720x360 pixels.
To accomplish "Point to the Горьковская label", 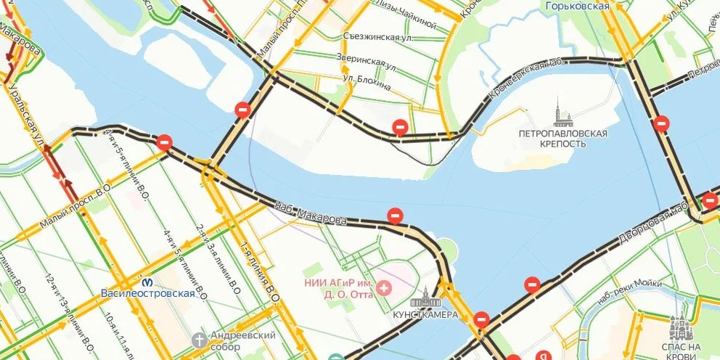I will (x=577, y=6).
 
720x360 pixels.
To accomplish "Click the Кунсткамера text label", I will (x=425, y=315).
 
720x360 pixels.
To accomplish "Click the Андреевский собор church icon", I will (x=200, y=339).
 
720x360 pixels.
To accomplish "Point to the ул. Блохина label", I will (x=367, y=83).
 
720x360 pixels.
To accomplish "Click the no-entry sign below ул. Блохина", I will (x=399, y=127).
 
